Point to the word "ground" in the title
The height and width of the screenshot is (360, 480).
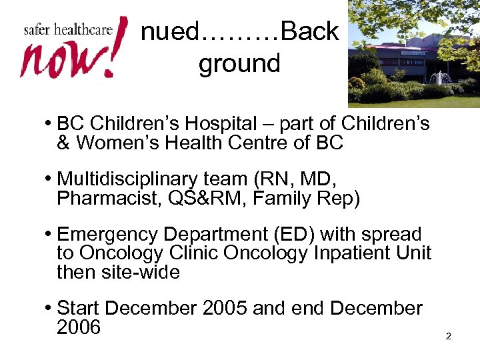(239, 64)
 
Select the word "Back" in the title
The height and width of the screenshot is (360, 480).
(310, 31)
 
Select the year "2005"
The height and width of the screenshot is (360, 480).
(225, 309)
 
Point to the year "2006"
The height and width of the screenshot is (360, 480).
(79, 327)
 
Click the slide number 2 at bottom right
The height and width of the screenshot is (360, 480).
(448, 337)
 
